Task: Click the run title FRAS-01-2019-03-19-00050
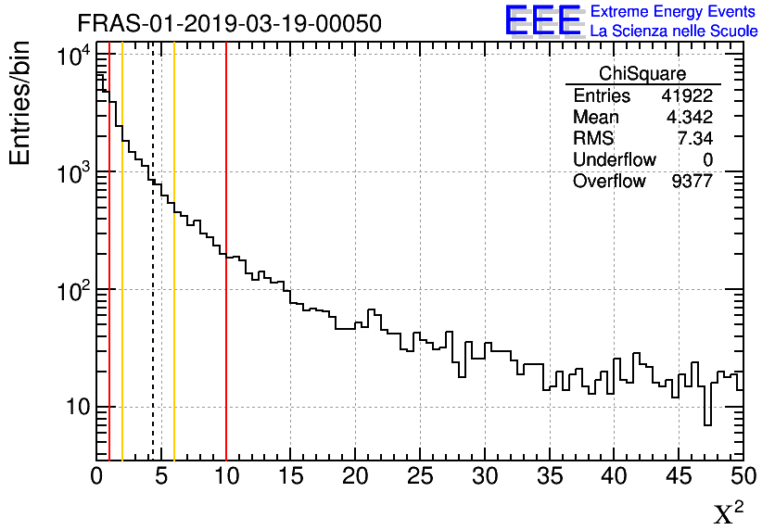tap(228, 24)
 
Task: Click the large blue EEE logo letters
tap(542, 20)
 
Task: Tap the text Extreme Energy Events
tap(674, 12)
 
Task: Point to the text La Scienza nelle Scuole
tap(674, 31)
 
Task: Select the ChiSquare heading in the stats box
tap(642, 74)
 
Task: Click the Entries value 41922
tap(686, 96)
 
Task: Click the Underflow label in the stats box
tap(614, 160)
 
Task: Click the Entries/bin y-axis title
tap(19, 104)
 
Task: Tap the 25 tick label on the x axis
tap(420, 476)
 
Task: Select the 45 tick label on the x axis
tap(679, 476)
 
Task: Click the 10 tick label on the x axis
tap(226, 476)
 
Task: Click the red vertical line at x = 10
tap(226, 278)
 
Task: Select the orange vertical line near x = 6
tap(174, 278)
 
